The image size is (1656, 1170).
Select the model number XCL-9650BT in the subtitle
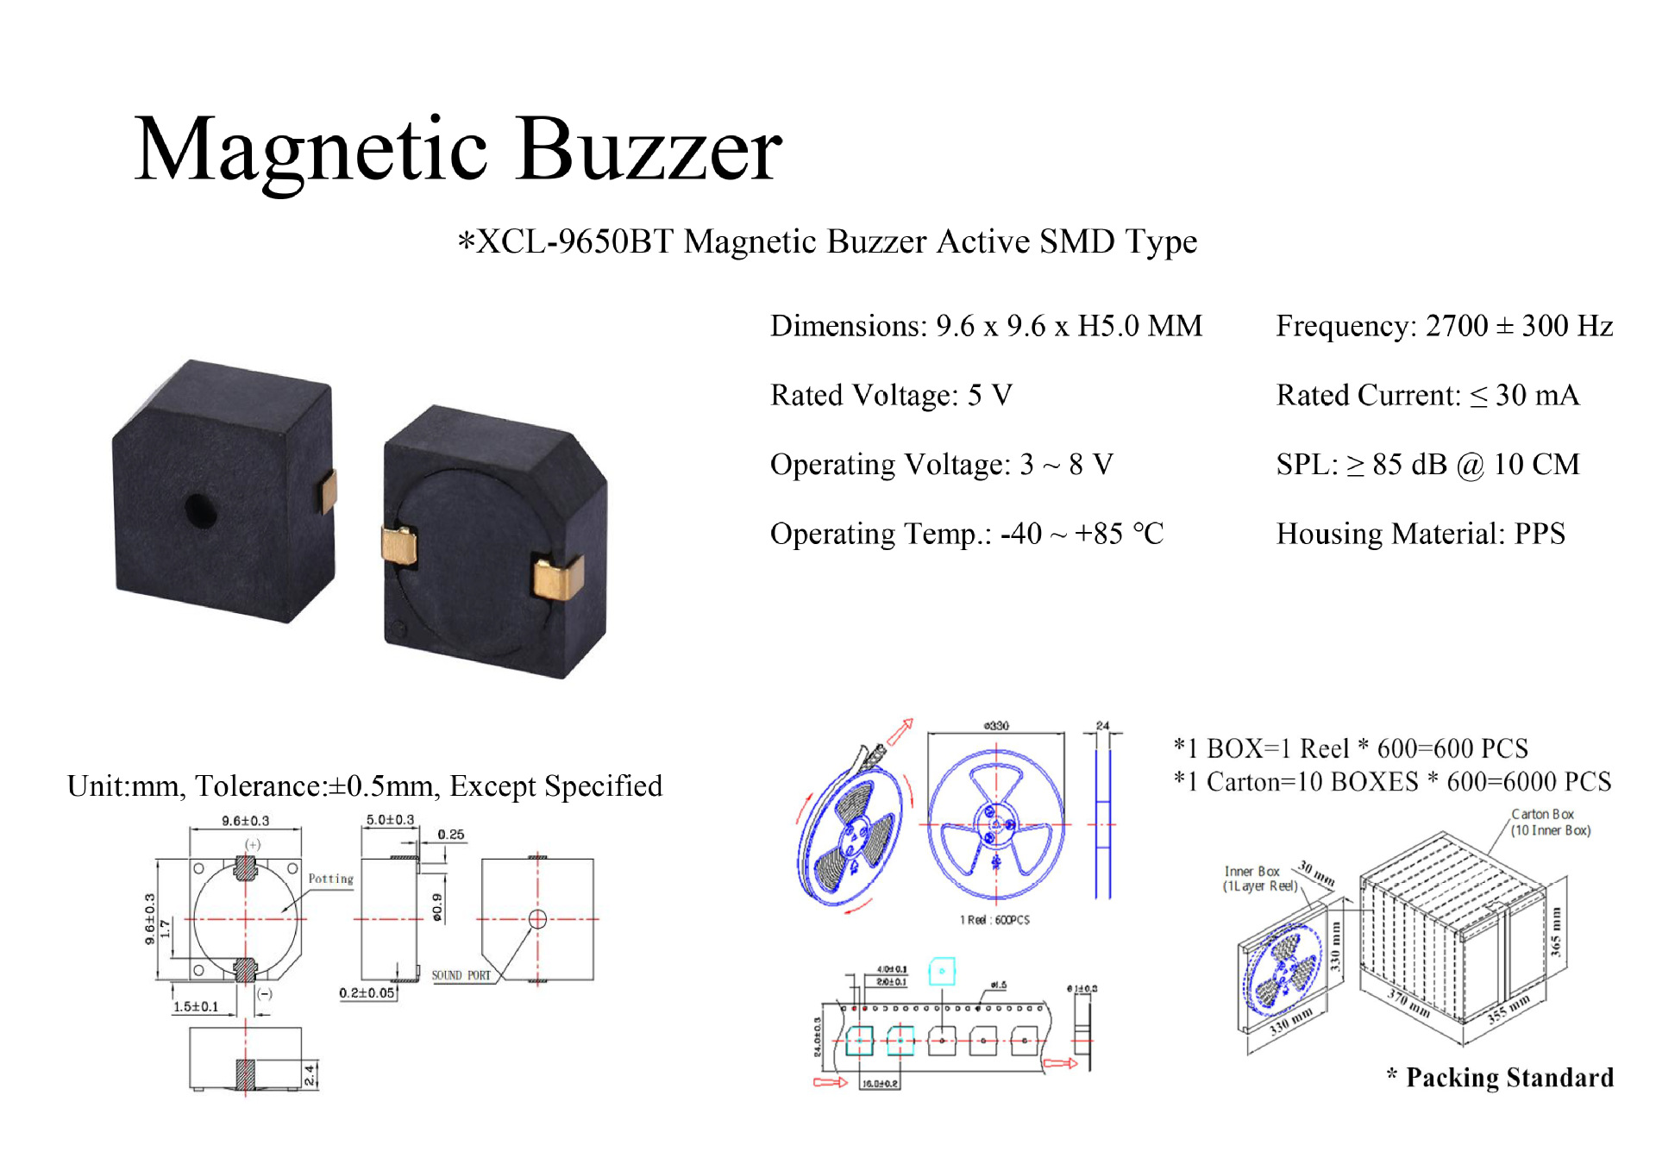coord(575,242)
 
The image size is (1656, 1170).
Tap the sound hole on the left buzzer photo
coord(200,510)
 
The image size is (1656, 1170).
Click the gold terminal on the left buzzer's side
coord(328,491)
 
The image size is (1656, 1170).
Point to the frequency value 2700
coord(1457,326)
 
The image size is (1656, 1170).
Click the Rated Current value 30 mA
coord(1537,396)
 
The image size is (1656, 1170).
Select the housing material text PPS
coord(1540,535)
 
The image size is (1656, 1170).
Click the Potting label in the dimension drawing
coord(331,879)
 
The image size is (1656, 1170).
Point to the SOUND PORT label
coord(461,976)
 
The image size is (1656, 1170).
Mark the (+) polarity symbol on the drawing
coord(253,845)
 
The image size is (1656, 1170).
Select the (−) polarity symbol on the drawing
coord(265,993)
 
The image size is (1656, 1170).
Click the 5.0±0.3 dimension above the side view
coord(390,820)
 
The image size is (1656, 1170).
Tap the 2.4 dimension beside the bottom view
coord(310,1075)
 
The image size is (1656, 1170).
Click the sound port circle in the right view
coord(537,919)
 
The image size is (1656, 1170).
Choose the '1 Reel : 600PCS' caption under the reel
coord(994,920)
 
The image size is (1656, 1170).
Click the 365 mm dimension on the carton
coord(1555,931)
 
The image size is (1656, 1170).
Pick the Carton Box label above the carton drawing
coord(1542,815)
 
